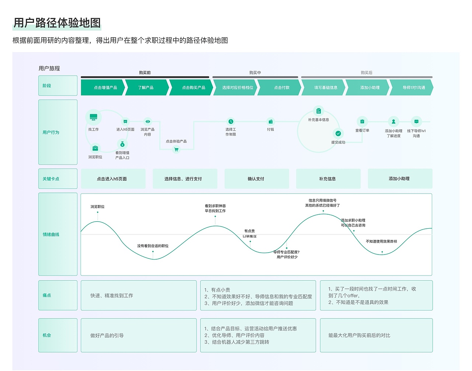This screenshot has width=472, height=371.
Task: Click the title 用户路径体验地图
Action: (57, 23)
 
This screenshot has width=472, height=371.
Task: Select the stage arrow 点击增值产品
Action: (105, 88)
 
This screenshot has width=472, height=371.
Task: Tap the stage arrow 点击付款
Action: (281, 88)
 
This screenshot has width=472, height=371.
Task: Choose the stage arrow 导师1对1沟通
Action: (413, 88)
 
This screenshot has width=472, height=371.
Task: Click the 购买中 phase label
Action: (255, 73)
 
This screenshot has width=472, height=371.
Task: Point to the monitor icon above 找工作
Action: (93, 117)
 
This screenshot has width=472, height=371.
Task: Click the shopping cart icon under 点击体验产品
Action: (176, 149)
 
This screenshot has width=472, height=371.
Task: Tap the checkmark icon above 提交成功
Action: (338, 134)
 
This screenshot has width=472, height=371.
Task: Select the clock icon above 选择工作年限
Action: (230, 121)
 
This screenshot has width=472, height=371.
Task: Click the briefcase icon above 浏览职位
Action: (95, 148)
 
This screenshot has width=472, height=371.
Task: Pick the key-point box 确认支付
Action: (256, 179)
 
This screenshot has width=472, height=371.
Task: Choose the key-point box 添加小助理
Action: (399, 178)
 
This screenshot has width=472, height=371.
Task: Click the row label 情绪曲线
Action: (51, 235)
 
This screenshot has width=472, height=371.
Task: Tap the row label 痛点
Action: (47, 295)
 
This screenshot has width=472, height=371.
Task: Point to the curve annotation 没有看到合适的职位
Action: (153, 246)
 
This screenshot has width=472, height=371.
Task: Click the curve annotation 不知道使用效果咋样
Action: (381, 242)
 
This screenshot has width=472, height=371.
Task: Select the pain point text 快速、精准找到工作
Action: (112, 296)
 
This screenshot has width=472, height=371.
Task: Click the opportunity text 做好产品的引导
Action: (107, 336)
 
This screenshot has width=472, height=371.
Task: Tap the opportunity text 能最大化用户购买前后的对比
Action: (359, 336)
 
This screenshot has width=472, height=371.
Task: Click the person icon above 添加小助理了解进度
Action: (393, 121)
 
